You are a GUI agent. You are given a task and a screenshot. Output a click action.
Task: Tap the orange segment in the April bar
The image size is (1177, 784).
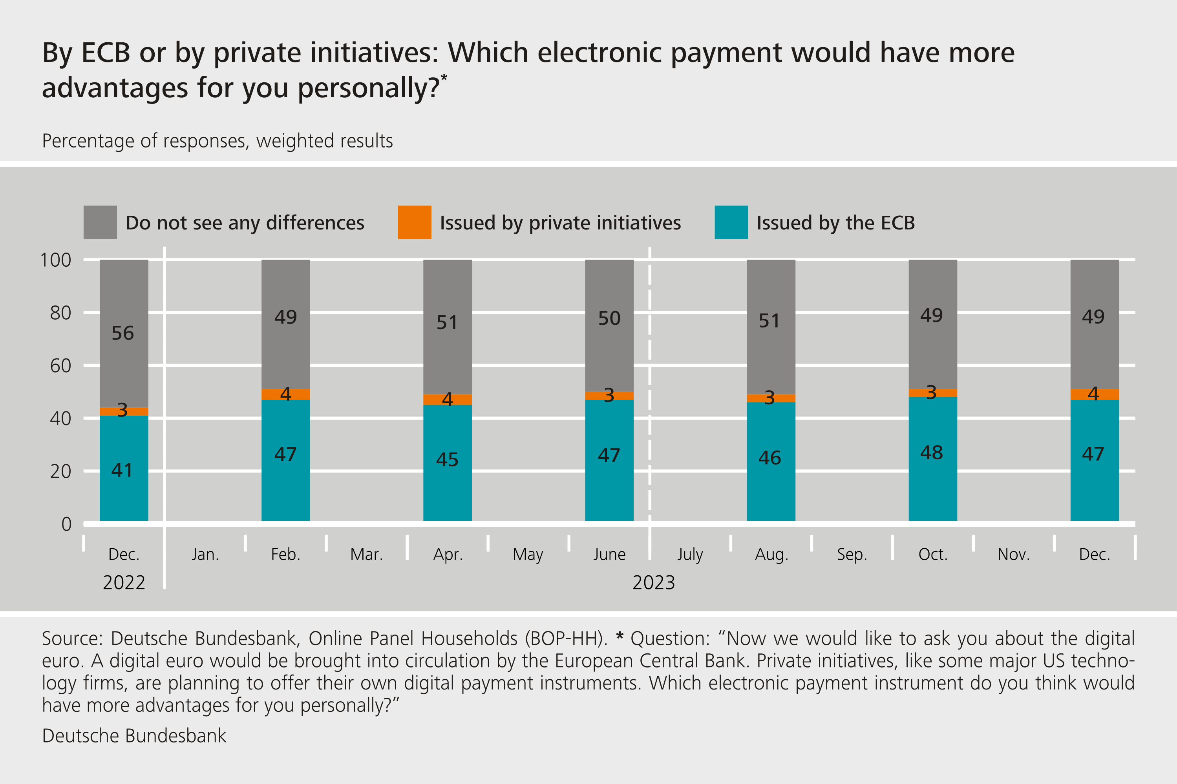(x=448, y=400)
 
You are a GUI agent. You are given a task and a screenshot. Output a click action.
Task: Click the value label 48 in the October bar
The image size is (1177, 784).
(x=931, y=453)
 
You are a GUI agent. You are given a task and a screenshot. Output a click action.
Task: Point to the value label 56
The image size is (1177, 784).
(x=122, y=333)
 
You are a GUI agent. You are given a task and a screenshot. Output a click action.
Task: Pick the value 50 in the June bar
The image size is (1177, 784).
(x=609, y=318)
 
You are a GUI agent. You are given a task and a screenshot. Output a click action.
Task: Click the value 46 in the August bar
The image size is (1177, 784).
(x=769, y=458)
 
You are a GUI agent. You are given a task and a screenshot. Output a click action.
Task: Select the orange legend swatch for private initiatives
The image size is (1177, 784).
(x=414, y=222)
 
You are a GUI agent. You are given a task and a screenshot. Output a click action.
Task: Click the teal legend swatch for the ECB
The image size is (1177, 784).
(x=731, y=222)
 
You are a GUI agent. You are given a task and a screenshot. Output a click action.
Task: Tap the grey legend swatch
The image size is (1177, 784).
(x=100, y=222)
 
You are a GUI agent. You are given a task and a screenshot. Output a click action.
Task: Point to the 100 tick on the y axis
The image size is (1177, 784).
(x=55, y=260)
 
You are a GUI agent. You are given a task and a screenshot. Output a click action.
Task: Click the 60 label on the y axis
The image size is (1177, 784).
(x=60, y=366)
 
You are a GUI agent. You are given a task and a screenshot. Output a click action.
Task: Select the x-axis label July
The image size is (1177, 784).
(x=690, y=555)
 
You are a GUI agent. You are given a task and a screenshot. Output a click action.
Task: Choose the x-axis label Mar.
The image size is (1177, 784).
(x=366, y=555)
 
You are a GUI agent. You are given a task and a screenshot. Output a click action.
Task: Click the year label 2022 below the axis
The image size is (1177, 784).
(x=124, y=582)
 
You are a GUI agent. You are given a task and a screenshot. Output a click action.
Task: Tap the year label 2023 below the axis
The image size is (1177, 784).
(x=654, y=582)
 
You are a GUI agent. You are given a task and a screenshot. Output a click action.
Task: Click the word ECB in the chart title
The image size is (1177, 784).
(x=106, y=53)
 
